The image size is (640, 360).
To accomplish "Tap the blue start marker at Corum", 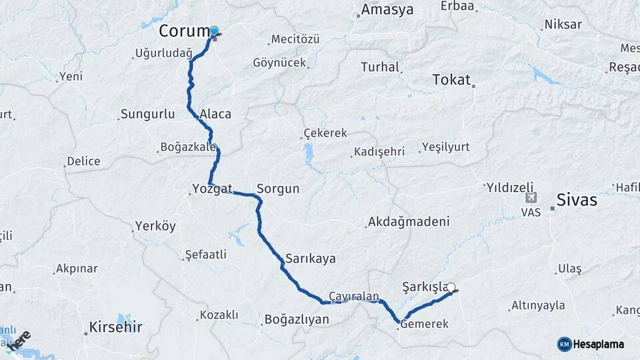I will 214,31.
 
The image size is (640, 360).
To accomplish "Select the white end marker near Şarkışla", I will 451,288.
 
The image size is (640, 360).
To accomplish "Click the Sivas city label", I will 577,199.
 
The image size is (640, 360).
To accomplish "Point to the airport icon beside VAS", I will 531,197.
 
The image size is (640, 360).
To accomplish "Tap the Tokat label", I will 452,79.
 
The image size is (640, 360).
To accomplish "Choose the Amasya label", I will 387,10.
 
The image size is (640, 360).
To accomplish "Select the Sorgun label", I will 278,189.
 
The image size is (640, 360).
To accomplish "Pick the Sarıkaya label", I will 310,257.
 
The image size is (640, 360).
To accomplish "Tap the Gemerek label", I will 423,323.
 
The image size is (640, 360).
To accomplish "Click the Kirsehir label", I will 117,327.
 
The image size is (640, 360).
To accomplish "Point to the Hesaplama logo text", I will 599,344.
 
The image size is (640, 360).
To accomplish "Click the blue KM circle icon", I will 564,344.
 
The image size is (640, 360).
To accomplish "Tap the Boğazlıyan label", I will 297,319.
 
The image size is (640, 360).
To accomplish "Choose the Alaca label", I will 215,114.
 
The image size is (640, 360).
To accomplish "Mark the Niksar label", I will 563,25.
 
